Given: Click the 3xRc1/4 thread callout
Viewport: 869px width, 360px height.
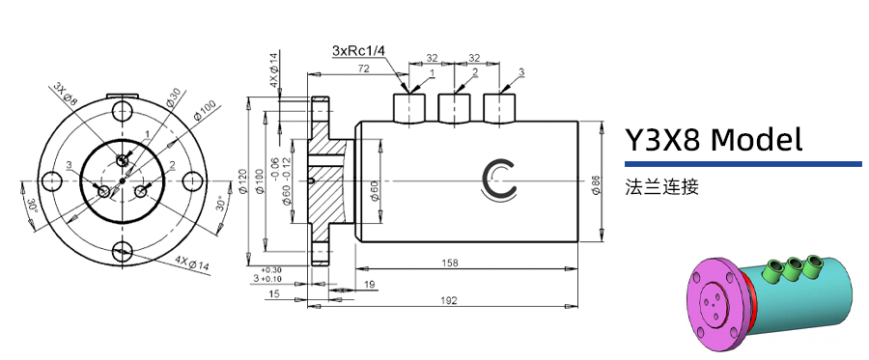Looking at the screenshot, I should (359, 50).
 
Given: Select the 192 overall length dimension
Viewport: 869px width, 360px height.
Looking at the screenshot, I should (449, 300).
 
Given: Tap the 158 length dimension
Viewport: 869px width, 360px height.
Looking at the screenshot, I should (449, 262).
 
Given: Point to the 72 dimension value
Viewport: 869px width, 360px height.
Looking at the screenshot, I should (364, 68).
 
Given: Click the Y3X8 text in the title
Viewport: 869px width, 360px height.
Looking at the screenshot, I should (663, 140).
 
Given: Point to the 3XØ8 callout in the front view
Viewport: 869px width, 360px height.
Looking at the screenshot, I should (66, 92).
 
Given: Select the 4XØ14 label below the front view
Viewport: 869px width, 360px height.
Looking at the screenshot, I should (193, 263).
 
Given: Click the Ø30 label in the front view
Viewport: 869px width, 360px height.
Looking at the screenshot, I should (172, 97).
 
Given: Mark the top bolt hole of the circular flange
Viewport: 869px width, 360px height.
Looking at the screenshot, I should (122, 108).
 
